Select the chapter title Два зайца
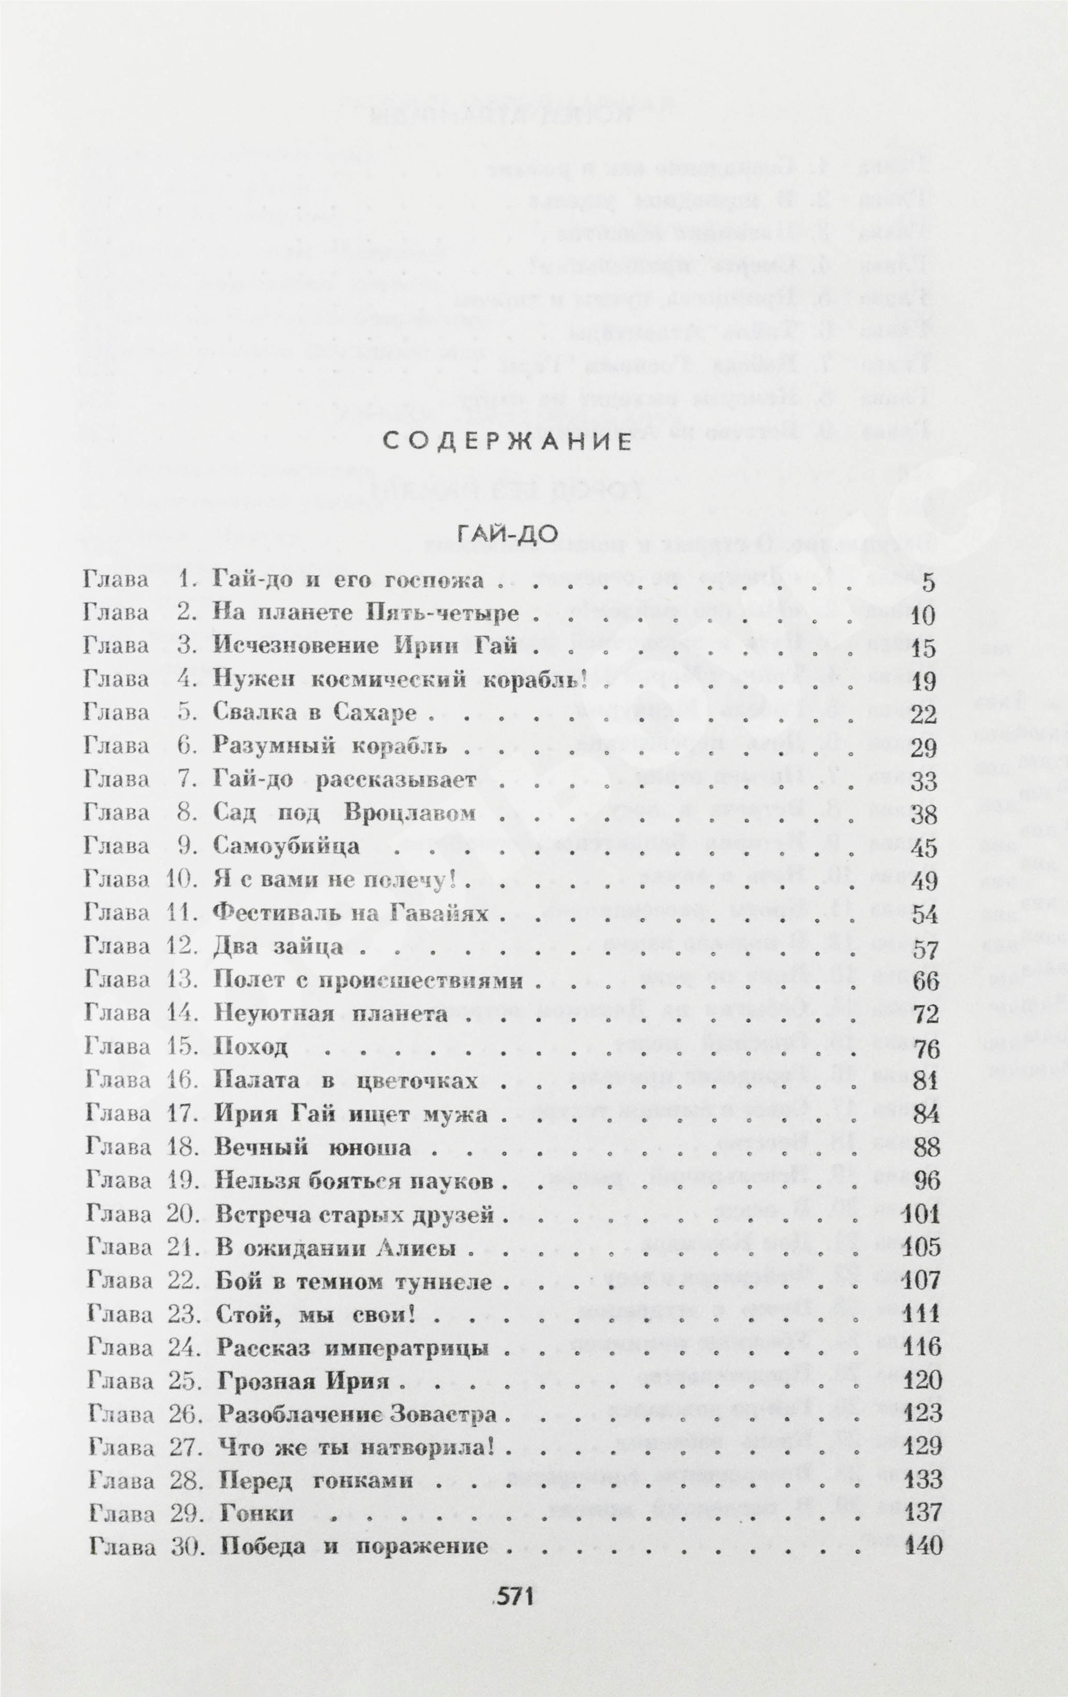[x=278, y=947]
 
